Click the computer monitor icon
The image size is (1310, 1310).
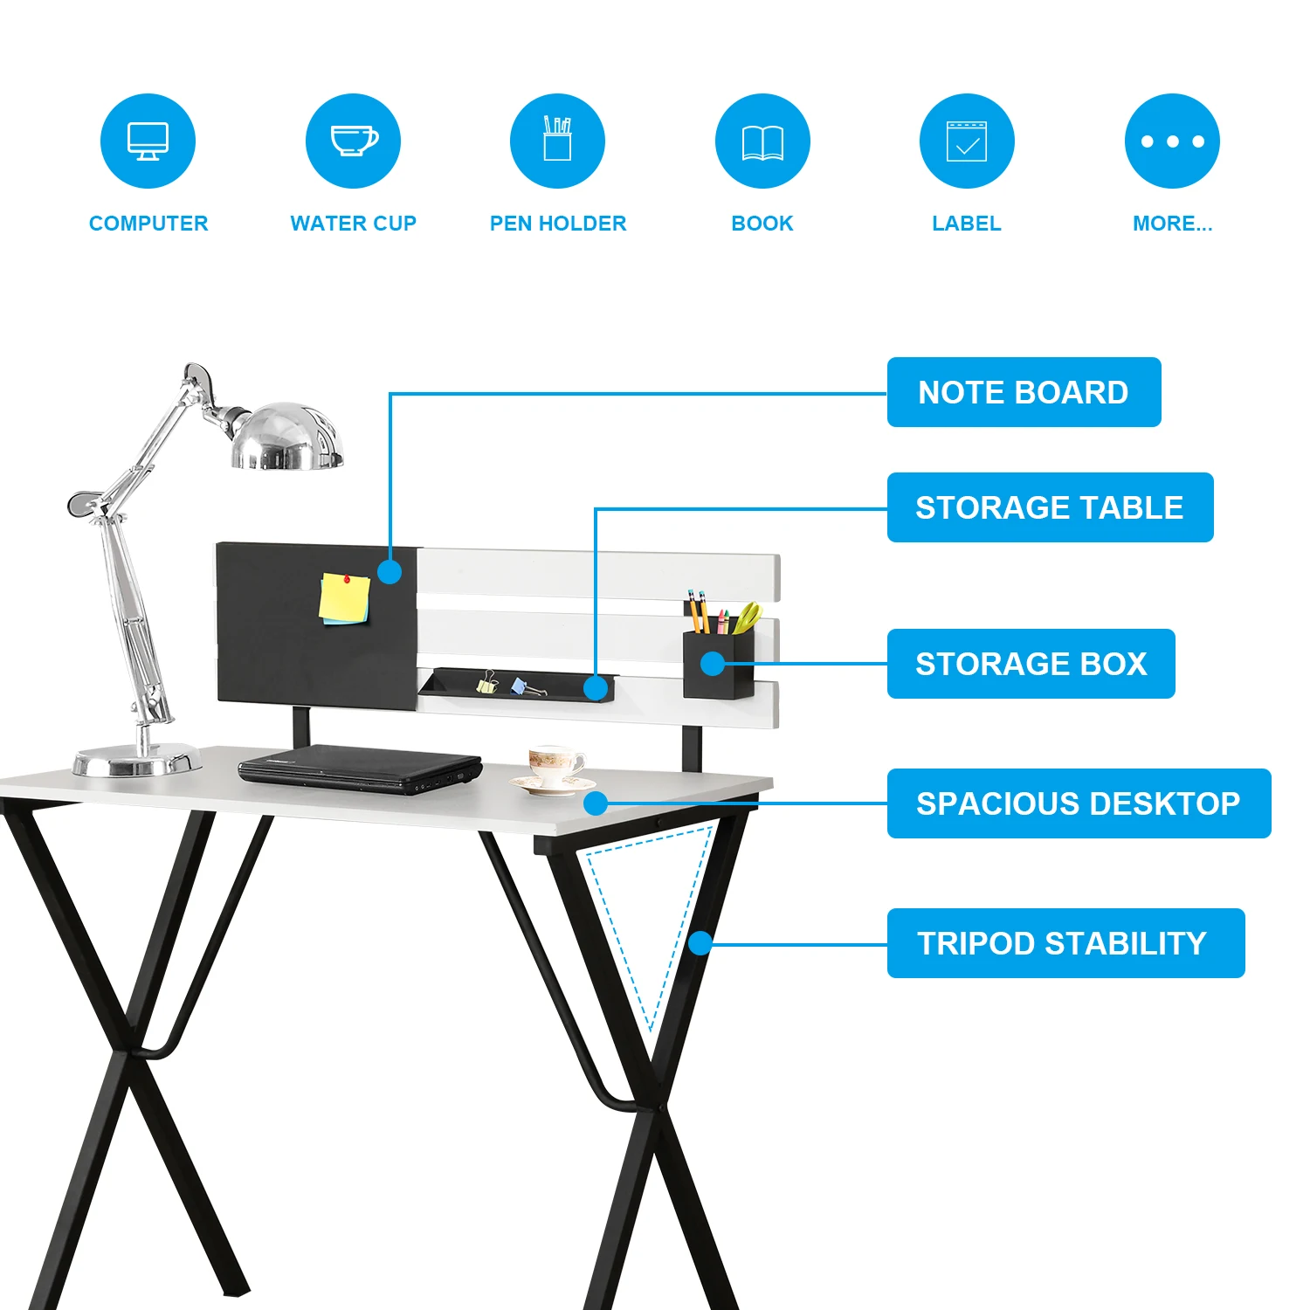[x=148, y=141]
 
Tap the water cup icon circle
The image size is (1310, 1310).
[x=353, y=141]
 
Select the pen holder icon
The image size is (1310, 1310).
[x=557, y=141]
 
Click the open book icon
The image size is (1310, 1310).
[x=762, y=141]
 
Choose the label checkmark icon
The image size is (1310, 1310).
[x=967, y=141]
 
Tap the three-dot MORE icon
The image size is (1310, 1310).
[x=1172, y=141]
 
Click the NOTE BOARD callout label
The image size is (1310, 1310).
[x=1024, y=392]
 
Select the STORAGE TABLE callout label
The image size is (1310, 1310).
[x=1050, y=507]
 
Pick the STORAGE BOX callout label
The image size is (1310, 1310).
[x=1031, y=664]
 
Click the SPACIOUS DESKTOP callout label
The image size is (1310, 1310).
[x=1079, y=803]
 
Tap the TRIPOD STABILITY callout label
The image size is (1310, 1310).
[x=1065, y=943]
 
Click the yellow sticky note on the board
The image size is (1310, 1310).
[x=345, y=599]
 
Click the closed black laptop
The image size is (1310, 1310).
[x=360, y=767]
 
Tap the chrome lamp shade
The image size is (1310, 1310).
[x=286, y=437]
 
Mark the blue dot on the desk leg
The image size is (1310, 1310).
[x=700, y=943]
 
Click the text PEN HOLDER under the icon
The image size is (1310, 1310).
[x=558, y=224]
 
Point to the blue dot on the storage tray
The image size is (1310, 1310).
[x=596, y=688]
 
